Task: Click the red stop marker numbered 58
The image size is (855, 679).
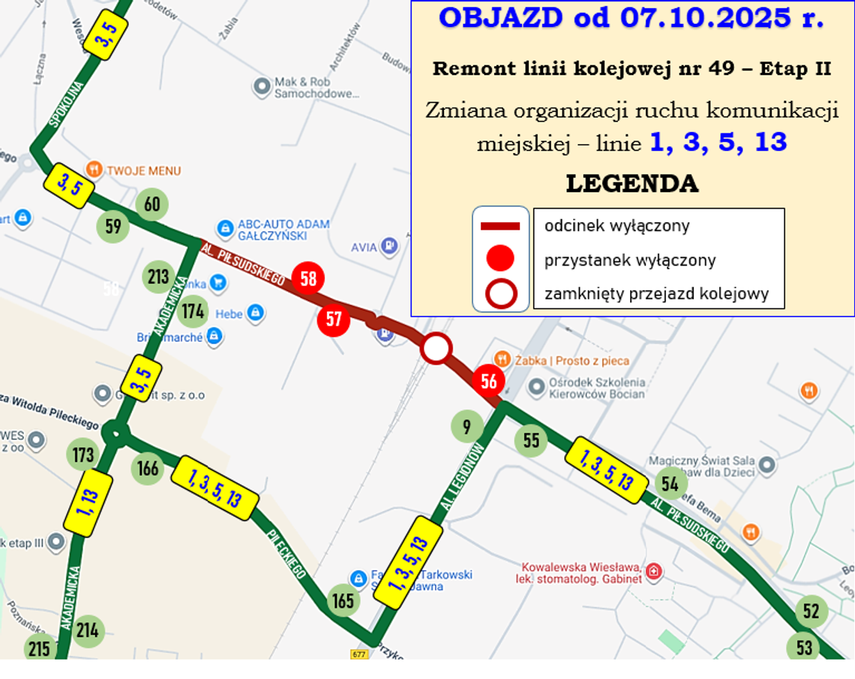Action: (307, 278)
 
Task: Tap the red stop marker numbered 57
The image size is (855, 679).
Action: (334, 320)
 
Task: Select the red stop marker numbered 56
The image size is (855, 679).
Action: (489, 381)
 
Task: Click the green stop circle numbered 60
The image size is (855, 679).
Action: (152, 204)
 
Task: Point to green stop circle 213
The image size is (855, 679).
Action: (158, 278)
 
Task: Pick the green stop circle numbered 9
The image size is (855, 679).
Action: (467, 427)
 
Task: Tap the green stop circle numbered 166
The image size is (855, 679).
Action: (148, 468)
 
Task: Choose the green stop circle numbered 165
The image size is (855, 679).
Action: (343, 600)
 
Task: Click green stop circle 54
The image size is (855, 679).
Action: (670, 484)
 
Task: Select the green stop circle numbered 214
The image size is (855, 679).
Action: (88, 630)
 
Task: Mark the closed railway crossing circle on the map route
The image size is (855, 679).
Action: (436, 348)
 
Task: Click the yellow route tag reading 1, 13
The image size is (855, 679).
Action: (88, 503)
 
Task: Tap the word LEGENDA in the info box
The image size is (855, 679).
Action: (631, 184)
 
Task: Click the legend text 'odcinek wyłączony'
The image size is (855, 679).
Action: (616, 226)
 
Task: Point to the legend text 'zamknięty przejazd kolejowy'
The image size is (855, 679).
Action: (656, 293)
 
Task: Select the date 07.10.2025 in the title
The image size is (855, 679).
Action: (705, 18)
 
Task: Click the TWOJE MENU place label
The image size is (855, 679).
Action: (143, 170)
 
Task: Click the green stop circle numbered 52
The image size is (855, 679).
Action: (811, 611)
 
